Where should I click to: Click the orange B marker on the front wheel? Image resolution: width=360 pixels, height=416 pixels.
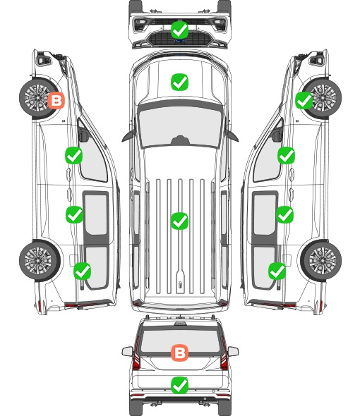tap(56, 101)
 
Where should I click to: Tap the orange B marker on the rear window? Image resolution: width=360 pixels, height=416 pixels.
tap(179, 353)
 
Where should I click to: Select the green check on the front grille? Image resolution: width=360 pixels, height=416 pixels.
tap(179, 30)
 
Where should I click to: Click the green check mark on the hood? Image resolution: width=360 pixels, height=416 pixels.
tap(179, 82)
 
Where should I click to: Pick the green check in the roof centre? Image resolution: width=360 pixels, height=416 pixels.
tap(179, 221)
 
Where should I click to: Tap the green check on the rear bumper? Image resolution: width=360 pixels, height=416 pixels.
tap(179, 385)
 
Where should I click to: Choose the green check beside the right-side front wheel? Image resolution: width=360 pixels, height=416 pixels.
tap(304, 101)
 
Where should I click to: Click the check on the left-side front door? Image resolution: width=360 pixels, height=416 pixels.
tap(74, 155)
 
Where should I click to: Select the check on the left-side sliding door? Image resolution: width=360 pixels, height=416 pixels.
tap(74, 214)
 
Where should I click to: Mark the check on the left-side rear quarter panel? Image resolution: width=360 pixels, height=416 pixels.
tap(83, 271)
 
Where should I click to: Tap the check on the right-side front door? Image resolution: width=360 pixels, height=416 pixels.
tap(286, 155)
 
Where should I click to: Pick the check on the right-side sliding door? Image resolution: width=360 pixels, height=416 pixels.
tap(284, 214)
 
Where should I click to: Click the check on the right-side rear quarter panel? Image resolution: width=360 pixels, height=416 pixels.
tap(277, 271)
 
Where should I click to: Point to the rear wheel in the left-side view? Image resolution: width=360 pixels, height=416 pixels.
tap(40, 260)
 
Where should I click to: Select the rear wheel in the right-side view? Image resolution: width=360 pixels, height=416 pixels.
tap(321, 260)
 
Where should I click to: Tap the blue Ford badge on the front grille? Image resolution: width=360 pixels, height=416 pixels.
tap(180, 41)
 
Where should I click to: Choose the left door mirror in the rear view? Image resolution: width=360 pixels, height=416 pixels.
tap(127, 351)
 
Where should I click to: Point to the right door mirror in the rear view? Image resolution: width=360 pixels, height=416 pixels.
tap(233, 351)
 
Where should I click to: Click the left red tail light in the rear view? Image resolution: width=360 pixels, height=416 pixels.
tap(136, 355)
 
